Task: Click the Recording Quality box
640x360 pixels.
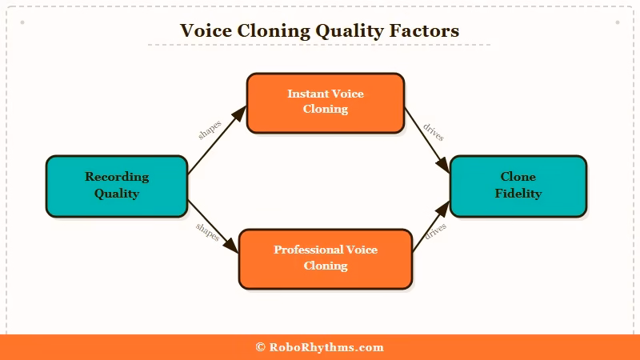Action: [x=117, y=186]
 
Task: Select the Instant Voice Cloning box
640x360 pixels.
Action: [x=325, y=102]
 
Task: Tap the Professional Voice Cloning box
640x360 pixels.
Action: [x=325, y=258]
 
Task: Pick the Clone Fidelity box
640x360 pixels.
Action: [x=518, y=186]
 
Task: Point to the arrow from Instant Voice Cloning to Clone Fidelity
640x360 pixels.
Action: [x=426, y=144]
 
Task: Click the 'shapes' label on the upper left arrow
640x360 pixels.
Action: [x=210, y=130]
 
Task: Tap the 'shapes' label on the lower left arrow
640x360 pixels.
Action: [x=207, y=232]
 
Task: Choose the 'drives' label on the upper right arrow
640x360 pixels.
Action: [x=434, y=133]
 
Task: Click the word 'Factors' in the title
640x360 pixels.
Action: [x=426, y=31]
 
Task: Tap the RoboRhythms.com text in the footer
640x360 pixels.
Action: [x=326, y=347]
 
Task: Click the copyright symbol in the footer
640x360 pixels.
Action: [x=260, y=347]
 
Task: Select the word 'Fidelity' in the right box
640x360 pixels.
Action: [x=518, y=194]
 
